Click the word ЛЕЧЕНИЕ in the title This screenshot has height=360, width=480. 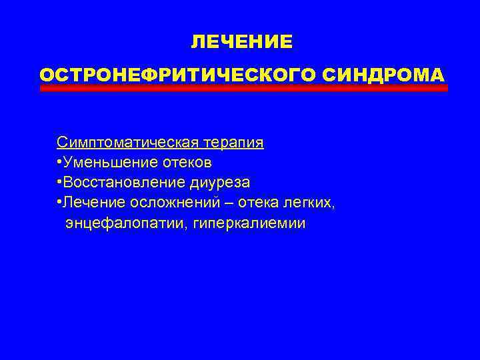pos(241,42)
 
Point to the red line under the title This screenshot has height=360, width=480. pos(243,88)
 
